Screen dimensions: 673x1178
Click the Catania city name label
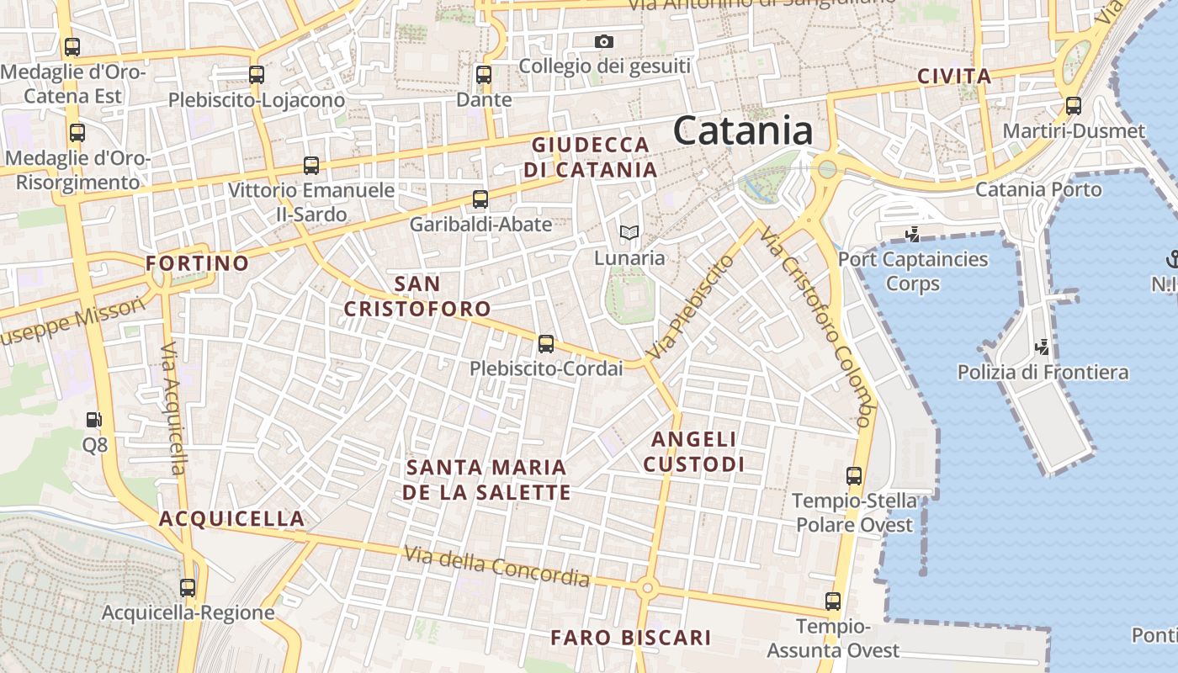(743, 131)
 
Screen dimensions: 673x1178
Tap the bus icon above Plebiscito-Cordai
(546, 343)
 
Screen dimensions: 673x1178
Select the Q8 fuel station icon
(95, 419)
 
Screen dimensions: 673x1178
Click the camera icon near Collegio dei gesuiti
(603, 41)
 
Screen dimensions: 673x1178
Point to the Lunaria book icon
(629, 232)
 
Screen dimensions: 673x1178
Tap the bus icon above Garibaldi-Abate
(480, 199)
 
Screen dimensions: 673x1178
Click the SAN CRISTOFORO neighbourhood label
(417, 296)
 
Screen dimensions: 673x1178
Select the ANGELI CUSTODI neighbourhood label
(694, 452)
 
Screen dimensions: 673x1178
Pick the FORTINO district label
(198, 263)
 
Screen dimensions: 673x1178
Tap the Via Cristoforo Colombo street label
(817, 325)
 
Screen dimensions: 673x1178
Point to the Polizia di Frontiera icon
(1043, 346)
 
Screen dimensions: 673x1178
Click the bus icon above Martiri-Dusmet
(1074, 106)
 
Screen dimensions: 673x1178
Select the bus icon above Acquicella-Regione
(188, 588)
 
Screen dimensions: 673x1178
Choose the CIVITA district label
(954, 77)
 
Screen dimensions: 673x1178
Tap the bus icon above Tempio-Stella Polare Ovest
(854, 476)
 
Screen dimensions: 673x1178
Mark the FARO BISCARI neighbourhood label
(631, 638)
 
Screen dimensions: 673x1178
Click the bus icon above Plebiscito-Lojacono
(257, 75)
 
